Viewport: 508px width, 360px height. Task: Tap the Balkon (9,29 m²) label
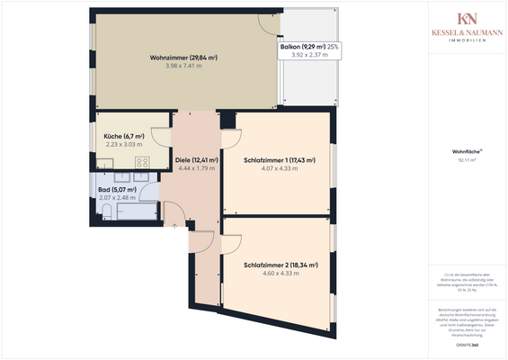[301, 46]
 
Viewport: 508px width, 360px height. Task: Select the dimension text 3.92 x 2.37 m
[309, 55]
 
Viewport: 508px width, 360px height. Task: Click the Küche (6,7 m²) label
[124, 136]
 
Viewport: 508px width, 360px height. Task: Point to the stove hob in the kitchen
[141, 163]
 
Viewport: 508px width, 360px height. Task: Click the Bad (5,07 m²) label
[119, 190]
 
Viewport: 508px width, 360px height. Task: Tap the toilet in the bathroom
[107, 211]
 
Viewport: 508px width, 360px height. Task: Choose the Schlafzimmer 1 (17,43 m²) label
[279, 160]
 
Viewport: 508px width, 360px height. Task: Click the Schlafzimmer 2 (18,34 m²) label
[279, 265]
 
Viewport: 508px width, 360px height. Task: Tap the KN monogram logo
[467, 19]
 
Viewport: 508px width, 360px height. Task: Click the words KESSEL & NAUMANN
[467, 33]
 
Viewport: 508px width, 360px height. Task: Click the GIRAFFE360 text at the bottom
[466, 345]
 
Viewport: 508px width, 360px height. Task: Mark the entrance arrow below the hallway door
[174, 226]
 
